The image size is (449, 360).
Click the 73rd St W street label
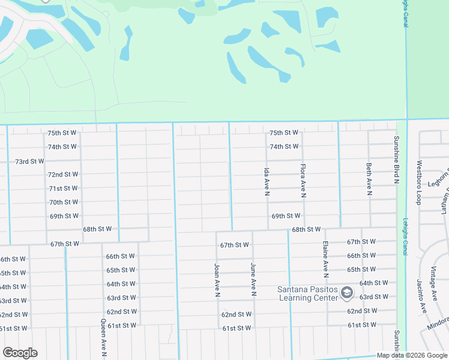(x=29, y=161)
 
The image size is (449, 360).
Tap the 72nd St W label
(x=63, y=175)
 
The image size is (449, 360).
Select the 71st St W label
(x=63, y=188)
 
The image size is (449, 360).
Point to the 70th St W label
(x=63, y=202)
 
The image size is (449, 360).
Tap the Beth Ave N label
(x=369, y=179)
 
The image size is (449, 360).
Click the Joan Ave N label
(x=217, y=280)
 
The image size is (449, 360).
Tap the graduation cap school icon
(x=346, y=293)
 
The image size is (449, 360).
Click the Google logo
(x=20, y=353)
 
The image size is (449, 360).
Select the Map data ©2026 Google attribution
(x=412, y=355)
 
